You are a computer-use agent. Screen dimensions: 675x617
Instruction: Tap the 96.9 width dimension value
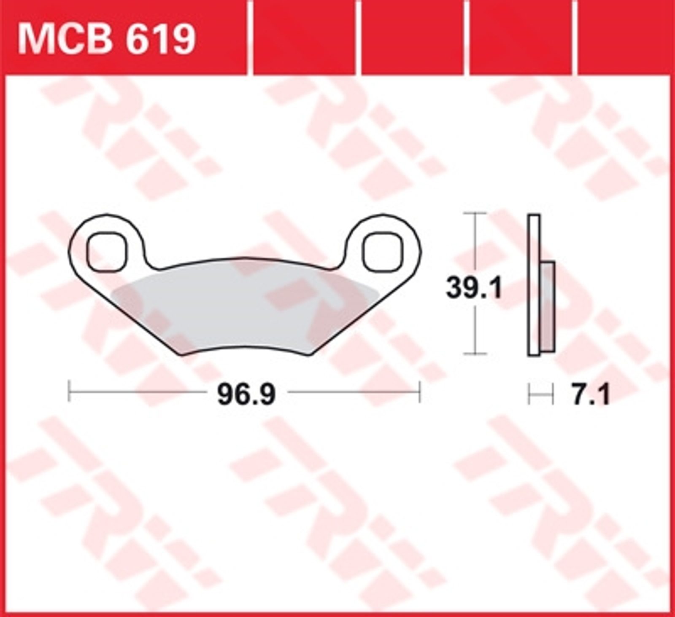click(x=246, y=395)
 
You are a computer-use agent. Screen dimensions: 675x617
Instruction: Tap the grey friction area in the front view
click(x=245, y=310)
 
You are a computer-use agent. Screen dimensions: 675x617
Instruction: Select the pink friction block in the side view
click(x=547, y=306)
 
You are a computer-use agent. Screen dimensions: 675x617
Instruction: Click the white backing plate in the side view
click(x=534, y=285)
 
